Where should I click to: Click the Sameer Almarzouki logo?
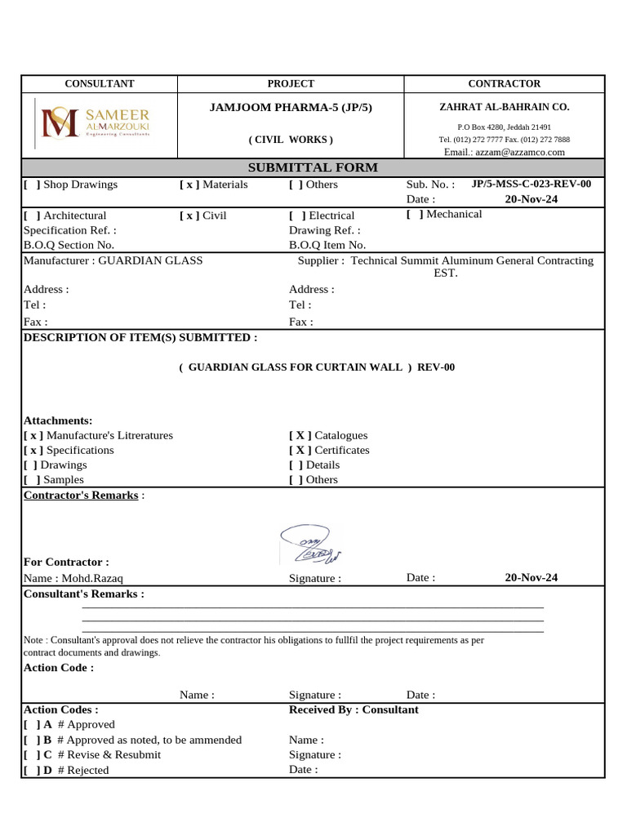click(x=95, y=122)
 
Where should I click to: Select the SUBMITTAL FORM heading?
click(x=313, y=167)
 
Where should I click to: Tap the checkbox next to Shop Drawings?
click(x=32, y=185)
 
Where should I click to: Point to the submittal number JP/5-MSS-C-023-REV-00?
click(x=531, y=184)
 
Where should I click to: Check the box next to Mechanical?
click(x=415, y=214)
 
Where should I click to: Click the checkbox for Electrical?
click(x=297, y=216)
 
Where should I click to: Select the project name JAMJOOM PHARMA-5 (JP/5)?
click(x=291, y=107)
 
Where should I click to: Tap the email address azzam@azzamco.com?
click(x=504, y=152)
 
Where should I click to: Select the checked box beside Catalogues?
click(x=300, y=436)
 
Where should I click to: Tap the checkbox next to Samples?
click(x=32, y=480)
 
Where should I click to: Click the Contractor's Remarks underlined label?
click(x=81, y=496)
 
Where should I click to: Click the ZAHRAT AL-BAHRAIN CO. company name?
click(x=504, y=107)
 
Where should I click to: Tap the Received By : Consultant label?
click(x=354, y=709)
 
